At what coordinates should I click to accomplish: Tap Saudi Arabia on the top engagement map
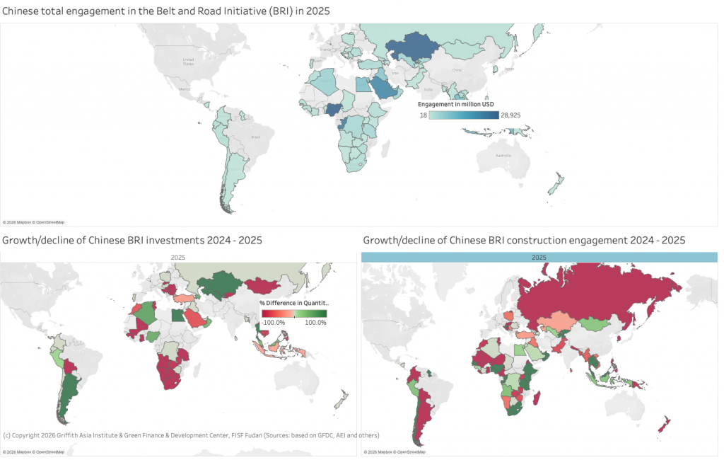click(x=382, y=88)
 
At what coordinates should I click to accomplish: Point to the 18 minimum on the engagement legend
click(x=423, y=115)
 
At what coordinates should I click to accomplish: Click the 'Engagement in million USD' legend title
click(x=456, y=104)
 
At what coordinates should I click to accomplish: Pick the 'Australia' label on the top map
click(x=503, y=155)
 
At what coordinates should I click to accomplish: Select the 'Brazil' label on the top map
click(x=247, y=137)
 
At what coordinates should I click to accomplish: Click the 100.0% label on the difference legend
click(x=315, y=323)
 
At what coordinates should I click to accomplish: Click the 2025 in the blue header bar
click(x=539, y=258)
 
